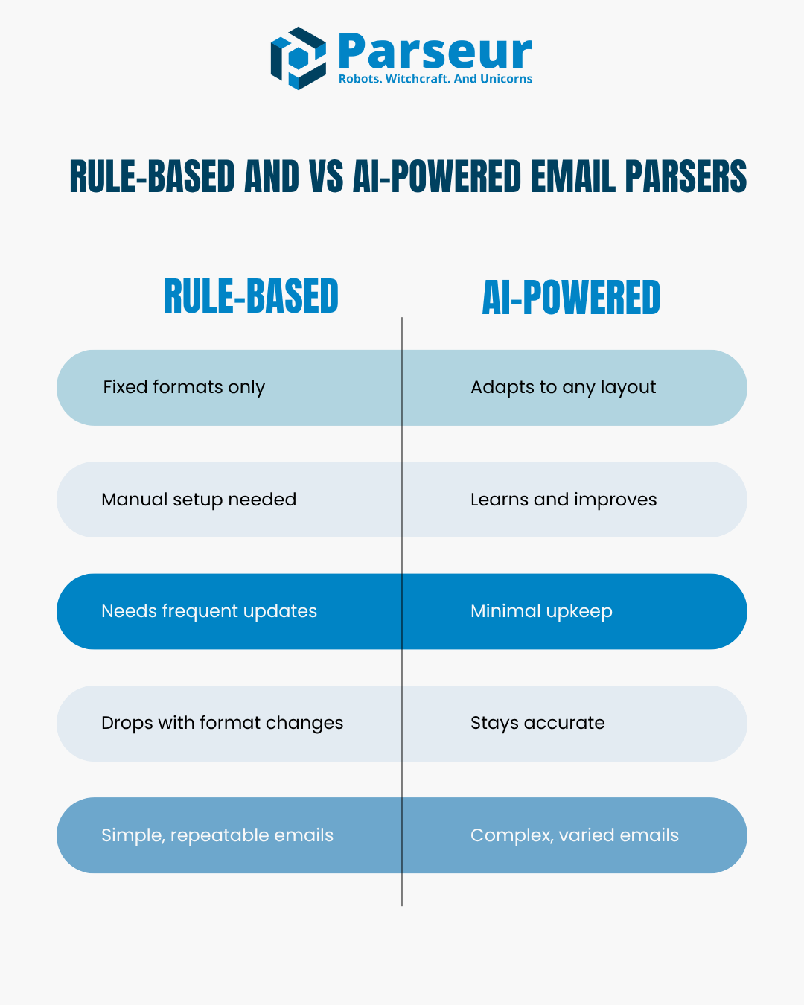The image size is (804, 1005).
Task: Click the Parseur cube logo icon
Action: coord(298,58)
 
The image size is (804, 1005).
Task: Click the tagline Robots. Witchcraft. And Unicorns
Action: coord(435,79)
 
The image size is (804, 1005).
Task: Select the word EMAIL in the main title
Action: coord(573,176)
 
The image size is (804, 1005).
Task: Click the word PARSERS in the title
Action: coord(686,176)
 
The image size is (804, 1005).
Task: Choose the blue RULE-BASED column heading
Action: coord(251,296)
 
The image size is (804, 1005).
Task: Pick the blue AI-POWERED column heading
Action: coord(571,297)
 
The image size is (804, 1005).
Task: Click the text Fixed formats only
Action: coord(184,387)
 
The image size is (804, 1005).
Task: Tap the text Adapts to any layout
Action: coord(563,387)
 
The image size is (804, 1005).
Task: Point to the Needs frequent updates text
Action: coord(209,611)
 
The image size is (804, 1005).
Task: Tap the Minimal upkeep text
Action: coord(541,611)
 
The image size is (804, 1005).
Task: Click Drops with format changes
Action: coord(223,723)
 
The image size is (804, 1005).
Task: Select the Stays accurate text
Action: coord(537,723)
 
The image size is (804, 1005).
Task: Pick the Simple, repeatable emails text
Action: coord(217,835)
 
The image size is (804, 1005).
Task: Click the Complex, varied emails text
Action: coord(575,835)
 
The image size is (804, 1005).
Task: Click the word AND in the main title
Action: coord(272,176)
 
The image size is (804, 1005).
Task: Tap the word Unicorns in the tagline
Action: coord(506,79)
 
